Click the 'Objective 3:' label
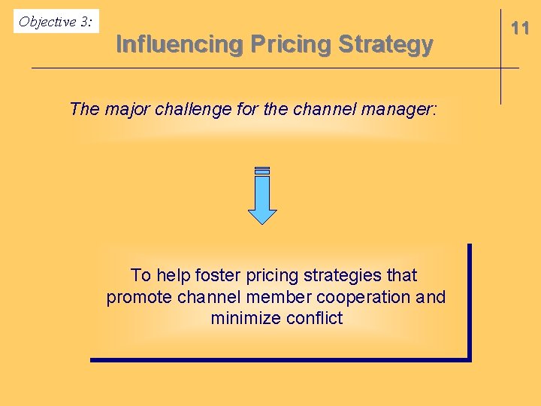coord(56,22)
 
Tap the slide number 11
coord(520,29)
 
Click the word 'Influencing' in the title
coord(180,45)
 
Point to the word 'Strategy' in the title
coord(385,45)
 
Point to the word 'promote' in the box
coord(140,297)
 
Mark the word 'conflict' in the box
coord(314,318)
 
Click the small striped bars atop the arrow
coord(262,171)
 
